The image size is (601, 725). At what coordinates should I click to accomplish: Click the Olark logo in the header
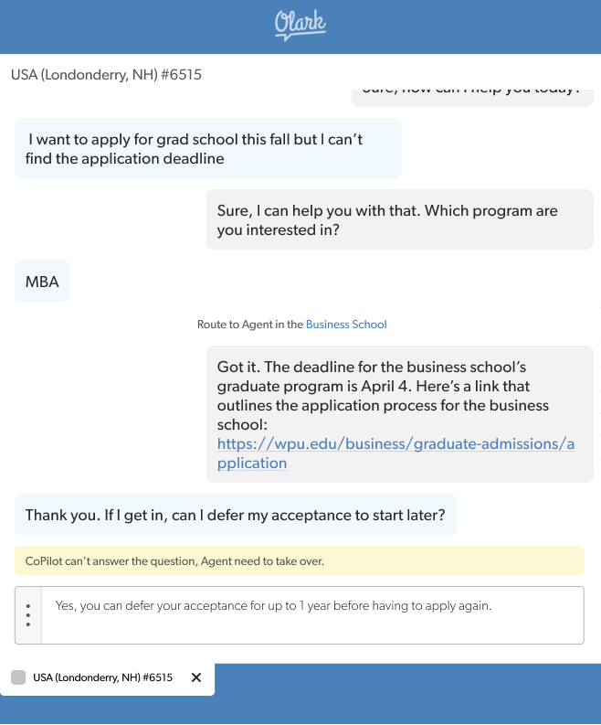coord(300,25)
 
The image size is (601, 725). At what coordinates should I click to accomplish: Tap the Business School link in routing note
coord(346,325)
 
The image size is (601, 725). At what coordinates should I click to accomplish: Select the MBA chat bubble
coord(42,282)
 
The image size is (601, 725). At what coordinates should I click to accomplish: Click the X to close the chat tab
coord(195,677)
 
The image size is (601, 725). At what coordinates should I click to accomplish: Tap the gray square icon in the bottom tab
coord(18,677)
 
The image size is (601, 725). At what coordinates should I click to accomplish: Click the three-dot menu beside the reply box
coord(28,614)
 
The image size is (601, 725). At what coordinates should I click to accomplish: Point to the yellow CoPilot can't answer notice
coord(300,560)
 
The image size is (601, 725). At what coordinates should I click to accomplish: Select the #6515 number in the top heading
coord(181,75)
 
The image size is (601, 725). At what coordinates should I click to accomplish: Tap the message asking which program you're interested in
coord(399,220)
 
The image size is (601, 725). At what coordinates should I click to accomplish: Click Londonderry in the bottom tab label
coord(99,677)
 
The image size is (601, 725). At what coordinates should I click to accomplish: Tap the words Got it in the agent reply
coord(237,367)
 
